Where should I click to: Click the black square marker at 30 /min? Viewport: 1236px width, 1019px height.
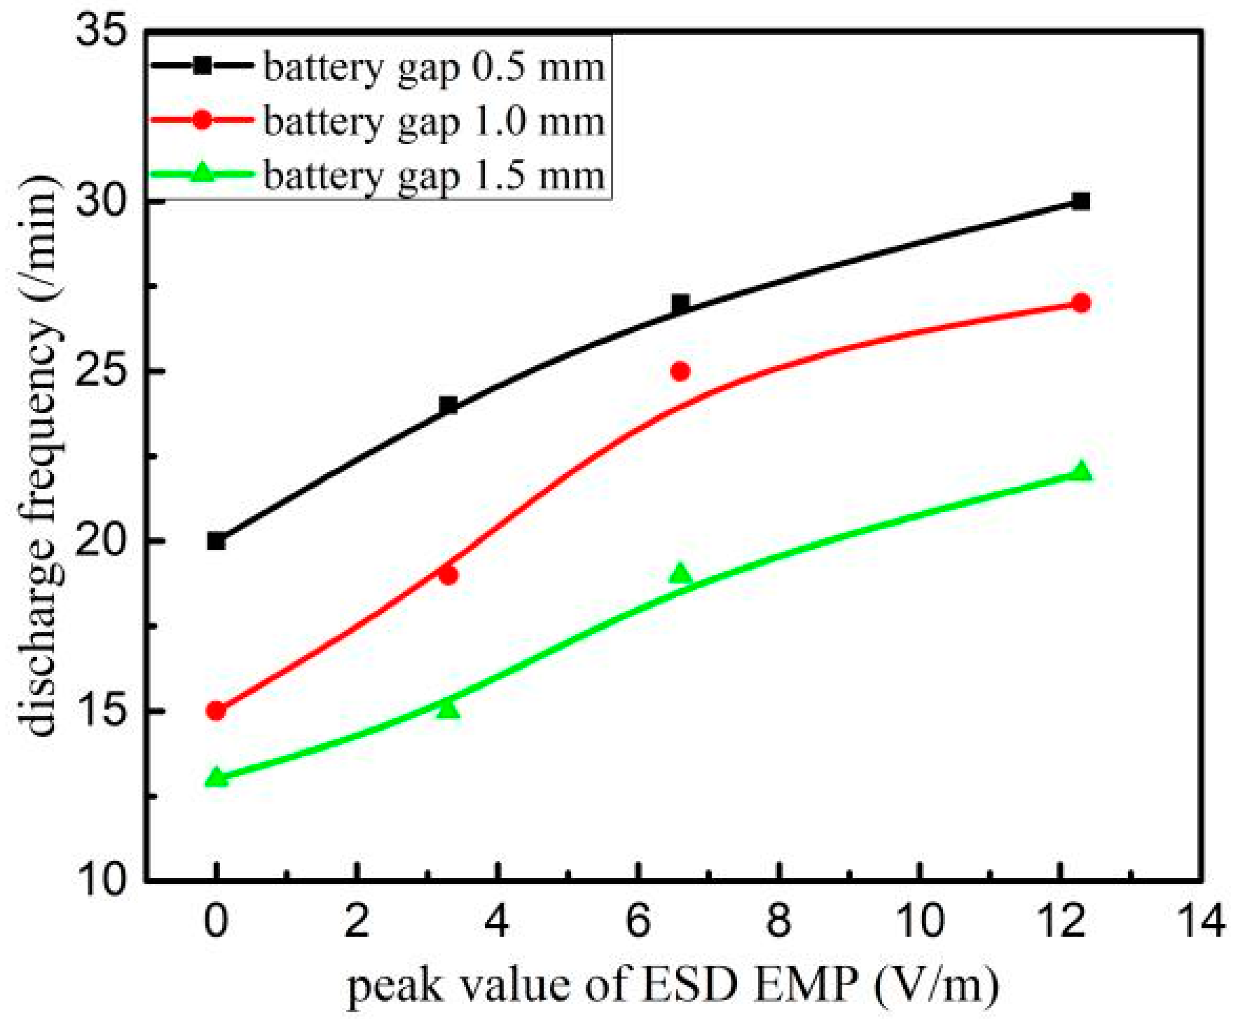point(1080,202)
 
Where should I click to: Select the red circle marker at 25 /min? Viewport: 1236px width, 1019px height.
point(680,371)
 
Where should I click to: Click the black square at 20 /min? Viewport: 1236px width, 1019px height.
point(216,541)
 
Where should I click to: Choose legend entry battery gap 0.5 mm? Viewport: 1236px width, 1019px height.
point(433,68)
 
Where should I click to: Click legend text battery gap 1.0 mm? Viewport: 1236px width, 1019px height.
point(433,122)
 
